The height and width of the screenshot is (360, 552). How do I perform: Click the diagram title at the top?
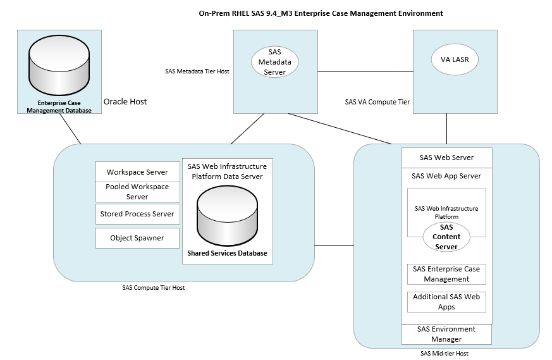(x=321, y=13)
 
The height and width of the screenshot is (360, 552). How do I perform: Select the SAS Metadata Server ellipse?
(x=274, y=62)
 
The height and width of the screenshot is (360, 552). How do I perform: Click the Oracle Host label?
(x=125, y=101)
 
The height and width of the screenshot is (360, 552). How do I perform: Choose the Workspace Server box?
(x=137, y=172)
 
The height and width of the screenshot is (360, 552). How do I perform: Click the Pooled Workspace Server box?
(x=137, y=192)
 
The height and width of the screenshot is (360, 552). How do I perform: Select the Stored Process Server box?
(x=137, y=214)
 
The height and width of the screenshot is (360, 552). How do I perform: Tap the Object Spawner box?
(x=137, y=238)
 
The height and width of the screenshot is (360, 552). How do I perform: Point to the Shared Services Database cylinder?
(x=227, y=215)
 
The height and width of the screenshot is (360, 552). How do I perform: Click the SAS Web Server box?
(x=446, y=158)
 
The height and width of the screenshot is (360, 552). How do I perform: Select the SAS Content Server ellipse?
(x=446, y=237)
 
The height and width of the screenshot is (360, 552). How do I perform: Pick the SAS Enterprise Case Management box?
(x=446, y=274)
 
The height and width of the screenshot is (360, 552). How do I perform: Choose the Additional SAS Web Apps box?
(x=446, y=302)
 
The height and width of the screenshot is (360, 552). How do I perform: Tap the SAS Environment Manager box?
(x=446, y=334)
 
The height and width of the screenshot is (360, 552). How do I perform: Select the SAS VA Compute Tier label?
(x=377, y=101)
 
